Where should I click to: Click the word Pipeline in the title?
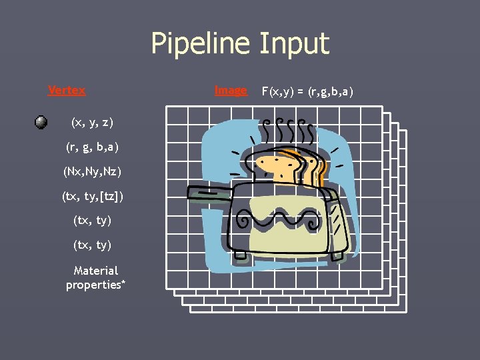point(201,44)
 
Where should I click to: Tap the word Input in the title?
point(294,44)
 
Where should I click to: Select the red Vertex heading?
point(67,90)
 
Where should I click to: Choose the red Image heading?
point(231,90)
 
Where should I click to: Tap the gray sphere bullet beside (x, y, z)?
point(41,122)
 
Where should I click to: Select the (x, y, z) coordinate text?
point(92,122)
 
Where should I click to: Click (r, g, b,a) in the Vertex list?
point(92,147)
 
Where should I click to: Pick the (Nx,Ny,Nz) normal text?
point(92,171)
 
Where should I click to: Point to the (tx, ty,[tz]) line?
point(92,196)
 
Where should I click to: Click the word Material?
point(96,271)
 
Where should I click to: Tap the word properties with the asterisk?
point(96,285)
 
